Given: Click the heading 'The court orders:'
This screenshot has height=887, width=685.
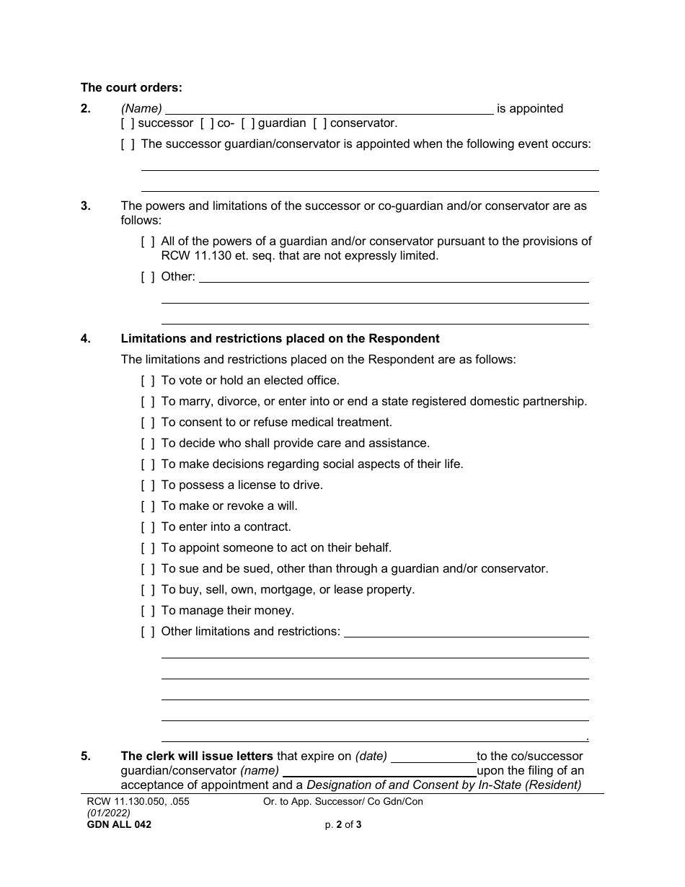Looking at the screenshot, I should pos(131,88).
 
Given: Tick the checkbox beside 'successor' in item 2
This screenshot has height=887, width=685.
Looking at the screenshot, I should pos(128,123).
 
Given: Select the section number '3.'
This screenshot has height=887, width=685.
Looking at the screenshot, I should pos(86,206).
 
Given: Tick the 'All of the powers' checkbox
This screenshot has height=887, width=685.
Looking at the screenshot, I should pos(148,242).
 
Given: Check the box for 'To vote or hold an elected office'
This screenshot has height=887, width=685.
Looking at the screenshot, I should pos(148,380).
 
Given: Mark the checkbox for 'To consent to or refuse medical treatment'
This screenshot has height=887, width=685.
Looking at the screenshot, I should pos(148,422).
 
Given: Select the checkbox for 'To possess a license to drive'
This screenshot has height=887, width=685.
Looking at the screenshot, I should pos(148,485).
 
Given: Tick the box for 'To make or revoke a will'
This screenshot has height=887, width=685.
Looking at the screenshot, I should pos(148,506).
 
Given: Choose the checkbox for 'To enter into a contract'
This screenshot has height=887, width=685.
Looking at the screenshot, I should pos(148,526).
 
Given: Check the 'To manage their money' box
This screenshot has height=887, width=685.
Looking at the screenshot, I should pos(148,610).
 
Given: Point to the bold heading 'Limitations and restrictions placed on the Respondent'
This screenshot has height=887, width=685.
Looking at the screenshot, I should pos(280,338).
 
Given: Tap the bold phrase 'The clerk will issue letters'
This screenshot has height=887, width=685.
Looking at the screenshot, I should pos(197,756).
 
